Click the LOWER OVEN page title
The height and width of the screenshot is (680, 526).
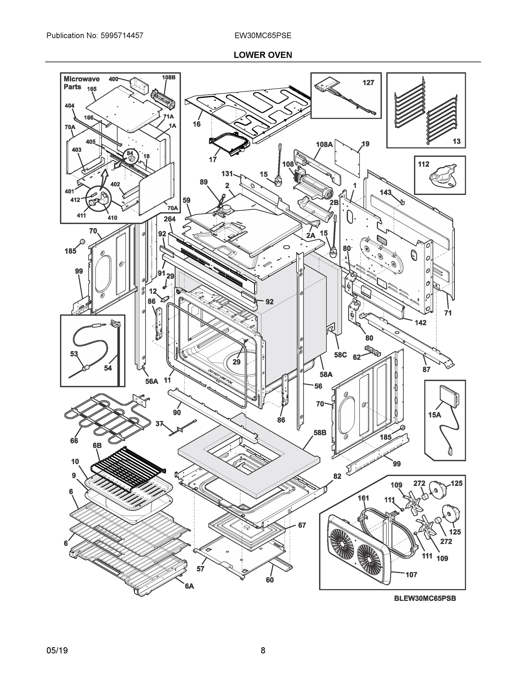tap(263, 55)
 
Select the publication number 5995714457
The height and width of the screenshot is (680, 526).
tap(122, 35)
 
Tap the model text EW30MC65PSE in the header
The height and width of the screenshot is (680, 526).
tap(263, 35)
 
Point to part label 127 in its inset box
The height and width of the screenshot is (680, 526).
tap(368, 82)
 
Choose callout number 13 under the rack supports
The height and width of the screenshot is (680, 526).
tap(456, 141)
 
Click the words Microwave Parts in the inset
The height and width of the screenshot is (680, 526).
tap(81, 83)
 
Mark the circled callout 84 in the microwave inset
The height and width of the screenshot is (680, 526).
tap(130, 154)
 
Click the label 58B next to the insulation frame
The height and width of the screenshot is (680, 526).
tap(320, 432)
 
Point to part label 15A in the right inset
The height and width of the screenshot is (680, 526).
tap(434, 415)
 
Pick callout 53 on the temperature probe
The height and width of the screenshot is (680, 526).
tap(74, 354)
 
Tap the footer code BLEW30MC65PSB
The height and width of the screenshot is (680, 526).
tap(425, 598)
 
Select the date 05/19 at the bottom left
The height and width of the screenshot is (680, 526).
tap(57, 651)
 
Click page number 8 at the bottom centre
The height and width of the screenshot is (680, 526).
tap(263, 651)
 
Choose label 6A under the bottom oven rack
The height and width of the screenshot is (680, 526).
tap(189, 586)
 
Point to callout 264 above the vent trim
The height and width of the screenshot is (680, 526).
tap(170, 219)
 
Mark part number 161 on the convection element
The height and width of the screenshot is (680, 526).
tap(363, 498)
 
